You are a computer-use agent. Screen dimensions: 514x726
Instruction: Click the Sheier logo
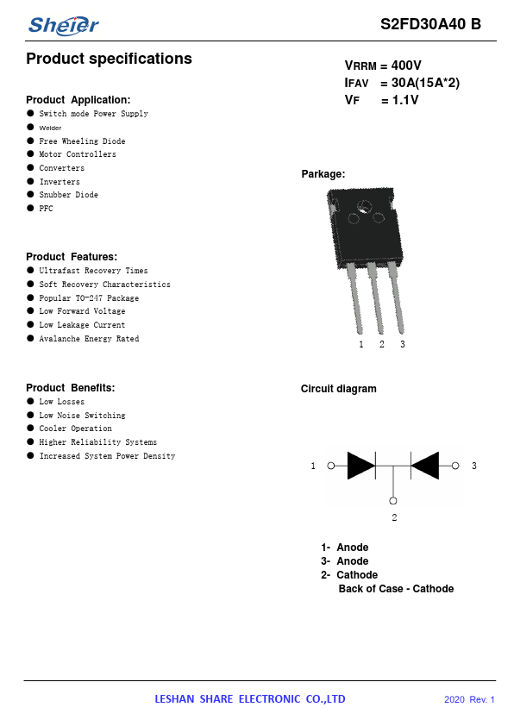tap(64, 26)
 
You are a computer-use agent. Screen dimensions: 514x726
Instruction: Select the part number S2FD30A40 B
tap(430, 24)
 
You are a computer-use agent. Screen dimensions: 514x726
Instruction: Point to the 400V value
tap(406, 66)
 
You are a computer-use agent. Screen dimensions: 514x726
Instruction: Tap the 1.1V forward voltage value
tap(405, 100)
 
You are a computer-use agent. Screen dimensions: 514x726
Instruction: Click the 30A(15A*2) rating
tap(425, 83)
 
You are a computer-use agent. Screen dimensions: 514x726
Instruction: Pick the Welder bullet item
tap(50, 128)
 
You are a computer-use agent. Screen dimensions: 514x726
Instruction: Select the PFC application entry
tap(46, 209)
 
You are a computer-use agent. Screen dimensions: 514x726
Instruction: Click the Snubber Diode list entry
tap(68, 195)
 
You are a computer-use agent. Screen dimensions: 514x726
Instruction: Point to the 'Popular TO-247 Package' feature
tap(89, 298)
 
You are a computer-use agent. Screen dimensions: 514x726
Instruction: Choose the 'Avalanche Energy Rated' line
tap(89, 339)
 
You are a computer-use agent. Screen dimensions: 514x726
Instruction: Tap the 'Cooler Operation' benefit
tap(76, 429)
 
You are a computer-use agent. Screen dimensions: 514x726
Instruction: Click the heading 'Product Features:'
tap(72, 256)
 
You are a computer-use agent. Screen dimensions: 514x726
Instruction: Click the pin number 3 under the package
tap(403, 344)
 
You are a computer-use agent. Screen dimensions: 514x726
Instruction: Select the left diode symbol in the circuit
tap(361, 466)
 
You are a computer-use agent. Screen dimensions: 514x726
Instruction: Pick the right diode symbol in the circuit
tap(424, 466)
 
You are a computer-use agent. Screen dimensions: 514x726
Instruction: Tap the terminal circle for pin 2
tap(393, 500)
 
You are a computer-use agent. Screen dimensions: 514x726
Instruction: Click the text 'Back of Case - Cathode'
tap(396, 589)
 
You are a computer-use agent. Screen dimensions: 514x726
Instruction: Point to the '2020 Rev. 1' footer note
tap(469, 699)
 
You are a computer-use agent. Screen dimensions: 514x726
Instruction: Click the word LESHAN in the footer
tap(174, 699)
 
